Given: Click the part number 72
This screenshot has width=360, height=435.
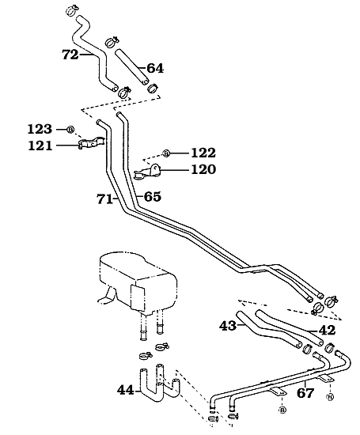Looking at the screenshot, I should coord(70,55).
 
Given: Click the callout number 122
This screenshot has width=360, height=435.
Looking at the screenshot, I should coord(203,152).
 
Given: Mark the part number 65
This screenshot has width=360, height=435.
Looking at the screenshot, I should coord(153,196).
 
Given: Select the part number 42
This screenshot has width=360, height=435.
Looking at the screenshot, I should coord(327,330).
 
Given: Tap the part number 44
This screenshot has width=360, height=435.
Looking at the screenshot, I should coord(126,389).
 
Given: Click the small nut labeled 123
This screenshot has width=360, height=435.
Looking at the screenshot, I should coord(70,129).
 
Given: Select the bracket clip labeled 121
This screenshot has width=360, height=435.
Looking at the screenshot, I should coord(91,144).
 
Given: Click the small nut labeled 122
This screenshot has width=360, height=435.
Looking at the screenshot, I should coord(165,152).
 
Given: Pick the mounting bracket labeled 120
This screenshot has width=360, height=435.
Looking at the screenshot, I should coord(148,170).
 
